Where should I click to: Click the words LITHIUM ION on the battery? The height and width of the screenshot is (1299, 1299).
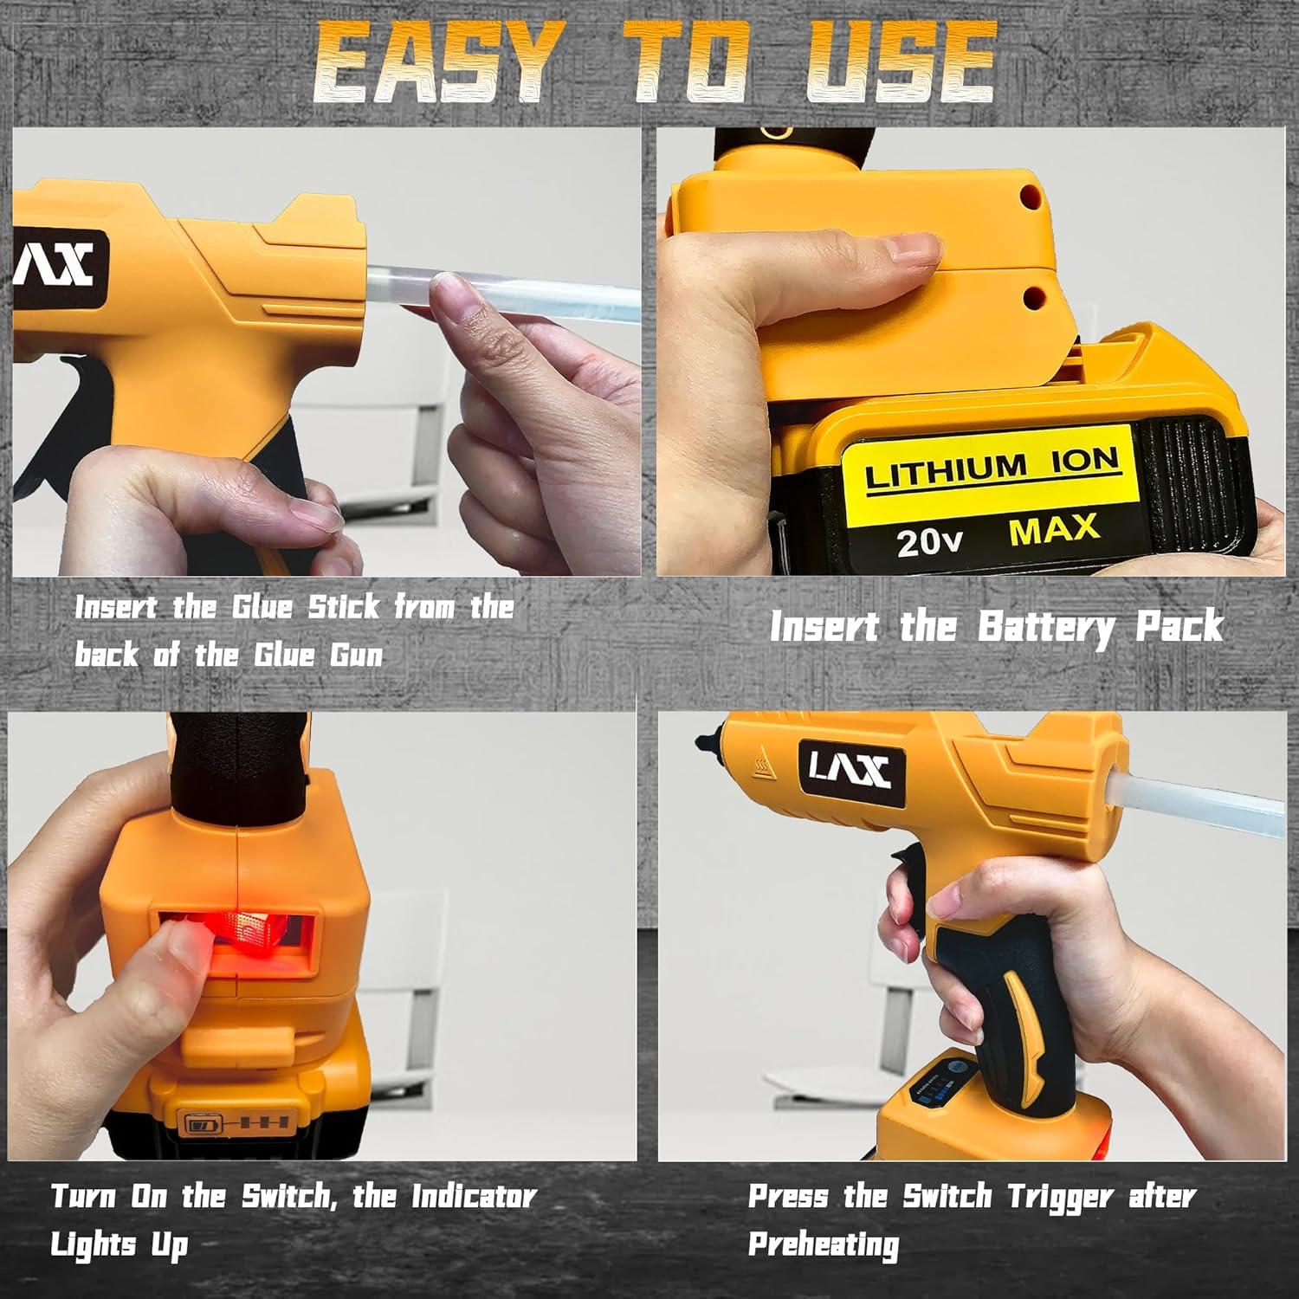pos(991,469)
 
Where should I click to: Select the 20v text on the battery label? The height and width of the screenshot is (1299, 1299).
pos(929,541)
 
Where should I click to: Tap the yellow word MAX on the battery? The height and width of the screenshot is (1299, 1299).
pos(1054,529)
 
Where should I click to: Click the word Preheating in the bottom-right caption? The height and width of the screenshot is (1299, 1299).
pos(823,1245)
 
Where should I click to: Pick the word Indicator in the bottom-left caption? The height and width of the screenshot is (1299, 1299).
pos(473,1197)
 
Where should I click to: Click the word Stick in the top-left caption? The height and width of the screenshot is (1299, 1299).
pos(345,607)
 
